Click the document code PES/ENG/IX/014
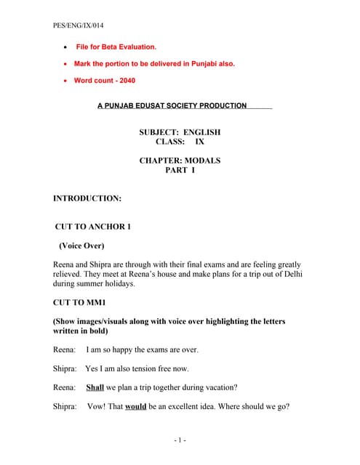click(x=78, y=25)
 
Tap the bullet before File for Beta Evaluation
click(x=67, y=46)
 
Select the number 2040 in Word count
click(x=125, y=81)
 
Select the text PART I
click(x=180, y=170)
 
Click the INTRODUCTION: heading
click(x=87, y=198)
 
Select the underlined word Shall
click(x=95, y=387)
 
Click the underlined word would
click(x=136, y=407)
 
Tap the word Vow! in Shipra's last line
click(x=95, y=407)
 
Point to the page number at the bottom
click(x=180, y=440)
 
